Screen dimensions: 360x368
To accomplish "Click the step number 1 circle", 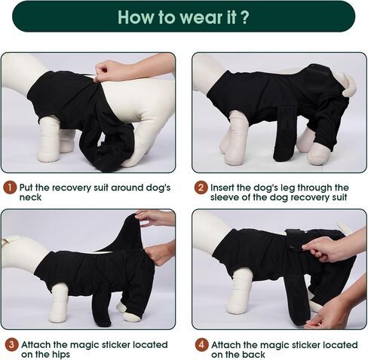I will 8,187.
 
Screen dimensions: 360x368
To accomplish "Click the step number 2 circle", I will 200,187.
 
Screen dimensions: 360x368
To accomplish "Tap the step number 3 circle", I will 8,344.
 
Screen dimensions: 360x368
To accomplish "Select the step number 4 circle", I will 200,344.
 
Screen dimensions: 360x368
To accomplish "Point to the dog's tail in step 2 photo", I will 348,89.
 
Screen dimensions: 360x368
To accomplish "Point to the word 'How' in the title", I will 136,17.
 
